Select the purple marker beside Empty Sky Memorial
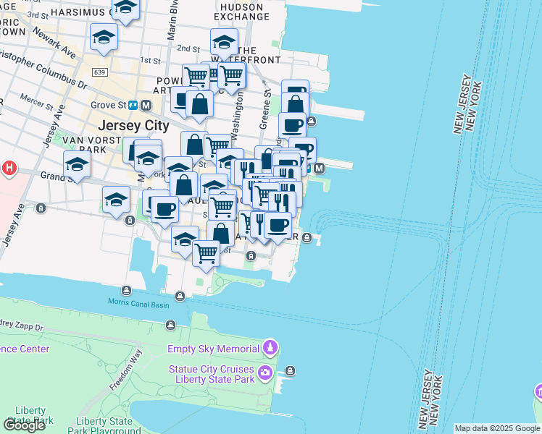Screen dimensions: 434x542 tap(270, 348)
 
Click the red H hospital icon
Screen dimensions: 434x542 tap(9, 169)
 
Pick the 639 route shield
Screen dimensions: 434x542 tap(100, 72)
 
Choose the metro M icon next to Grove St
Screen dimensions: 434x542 tap(146, 105)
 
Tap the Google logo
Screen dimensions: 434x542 tap(24, 425)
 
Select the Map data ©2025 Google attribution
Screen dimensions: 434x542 tap(496, 428)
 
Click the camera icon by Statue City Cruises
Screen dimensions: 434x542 tap(265, 373)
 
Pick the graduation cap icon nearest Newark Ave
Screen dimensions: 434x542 tap(104, 38)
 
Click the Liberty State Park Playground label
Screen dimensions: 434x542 tap(104, 426)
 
